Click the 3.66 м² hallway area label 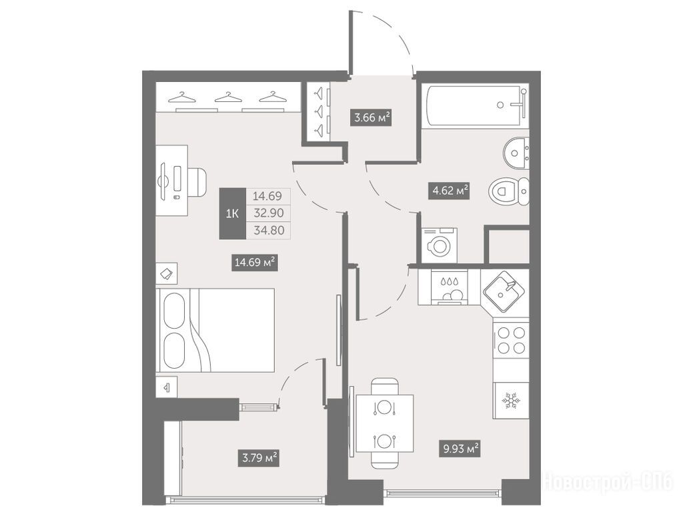pyautogui.click(x=371, y=117)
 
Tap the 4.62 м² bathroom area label pyautogui.click(x=449, y=191)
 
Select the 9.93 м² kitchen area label pyautogui.click(x=460, y=449)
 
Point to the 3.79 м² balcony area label pyautogui.click(x=258, y=458)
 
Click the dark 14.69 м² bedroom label pyautogui.click(x=254, y=263)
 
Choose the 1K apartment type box pyautogui.click(x=233, y=213)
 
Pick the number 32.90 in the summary pyautogui.click(x=269, y=213)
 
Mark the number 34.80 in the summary pyautogui.click(x=269, y=230)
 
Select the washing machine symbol pyautogui.click(x=440, y=245)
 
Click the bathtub pyautogui.click(x=476, y=106)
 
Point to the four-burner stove pyautogui.click(x=511, y=340)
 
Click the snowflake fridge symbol pyautogui.click(x=510, y=401)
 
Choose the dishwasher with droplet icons pyautogui.click(x=450, y=287)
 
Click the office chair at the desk pyautogui.click(x=197, y=181)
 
